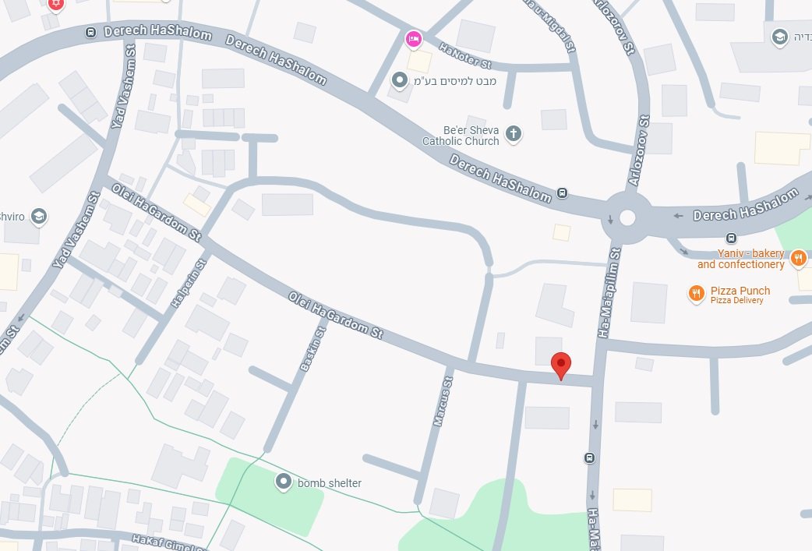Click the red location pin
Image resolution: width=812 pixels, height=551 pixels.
coord(561,364)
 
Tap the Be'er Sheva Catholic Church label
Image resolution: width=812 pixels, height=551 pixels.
coord(460,136)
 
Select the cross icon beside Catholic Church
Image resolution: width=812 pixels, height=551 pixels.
coord(513,134)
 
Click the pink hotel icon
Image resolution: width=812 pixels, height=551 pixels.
coord(413,37)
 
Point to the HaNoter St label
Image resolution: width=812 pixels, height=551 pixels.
coord(465,55)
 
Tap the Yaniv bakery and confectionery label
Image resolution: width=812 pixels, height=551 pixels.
coord(740,259)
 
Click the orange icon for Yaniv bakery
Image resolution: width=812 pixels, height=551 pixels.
coord(798,258)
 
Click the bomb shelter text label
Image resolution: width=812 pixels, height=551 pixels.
coord(330,483)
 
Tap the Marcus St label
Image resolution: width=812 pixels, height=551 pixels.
coord(442,401)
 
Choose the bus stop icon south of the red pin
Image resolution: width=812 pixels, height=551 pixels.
coord(590,458)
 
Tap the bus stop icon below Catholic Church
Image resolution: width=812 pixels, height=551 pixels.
coord(563,193)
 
